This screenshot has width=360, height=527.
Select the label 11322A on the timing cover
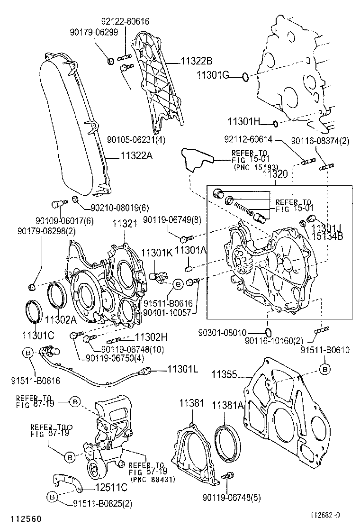click(x=137, y=155)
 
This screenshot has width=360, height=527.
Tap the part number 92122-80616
click(x=125, y=21)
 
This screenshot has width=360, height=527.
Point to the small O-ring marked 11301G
click(x=243, y=76)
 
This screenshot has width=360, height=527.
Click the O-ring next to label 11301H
click(x=275, y=124)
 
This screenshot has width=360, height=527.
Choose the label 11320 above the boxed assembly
click(x=275, y=174)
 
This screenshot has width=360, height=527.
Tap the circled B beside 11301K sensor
click(x=178, y=284)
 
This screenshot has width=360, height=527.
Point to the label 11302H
click(x=151, y=337)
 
